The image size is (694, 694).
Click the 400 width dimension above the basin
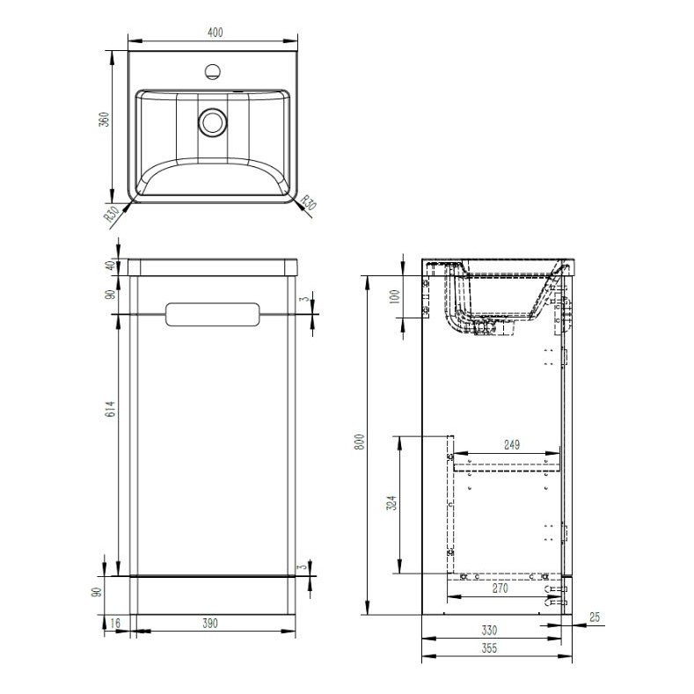tap(215, 33)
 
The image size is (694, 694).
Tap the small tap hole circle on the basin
tap(212, 69)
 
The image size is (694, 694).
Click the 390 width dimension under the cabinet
tap(211, 623)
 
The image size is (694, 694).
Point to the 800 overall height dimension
tap(358, 444)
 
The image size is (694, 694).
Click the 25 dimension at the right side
tap(595, 618)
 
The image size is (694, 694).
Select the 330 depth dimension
tap(489, 630)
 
